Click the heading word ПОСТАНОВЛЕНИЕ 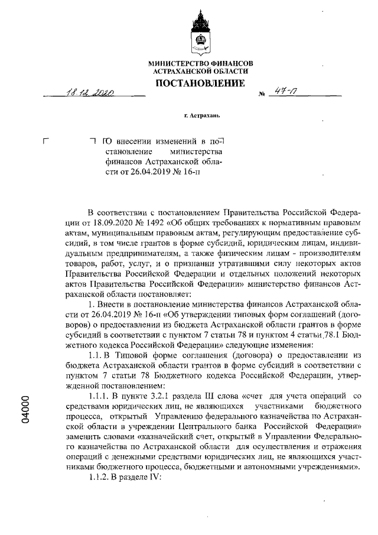click(x=200, y=83)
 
